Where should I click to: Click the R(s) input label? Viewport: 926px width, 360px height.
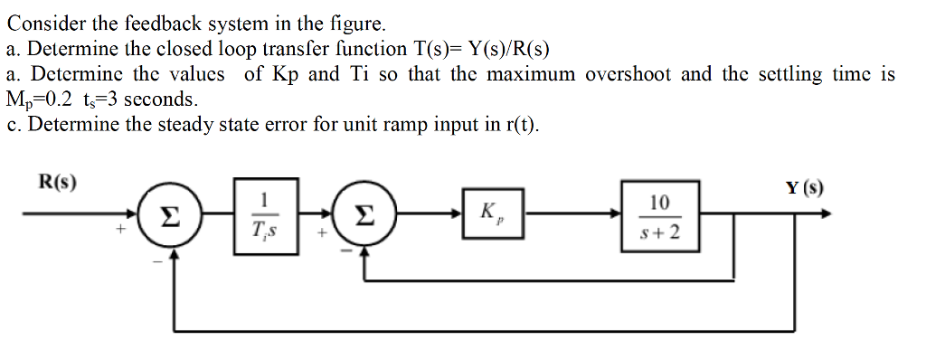pyautogui.click(x=57, y=182)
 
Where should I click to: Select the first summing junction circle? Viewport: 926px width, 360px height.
pyautogui.click(x=163, y=216)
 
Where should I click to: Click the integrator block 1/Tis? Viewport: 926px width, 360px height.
pyautogui.click(x=263, y=215)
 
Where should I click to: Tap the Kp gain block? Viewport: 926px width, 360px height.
pyautogui.click(x=494, y=214)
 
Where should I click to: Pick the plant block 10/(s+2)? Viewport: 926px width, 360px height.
pyautogui.click(x=658, y=216)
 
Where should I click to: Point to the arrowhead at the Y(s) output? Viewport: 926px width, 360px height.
pyautogui.click(x=825, y=215)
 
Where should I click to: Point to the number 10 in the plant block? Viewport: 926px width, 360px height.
pyautogui.click(x=659, y=203)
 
